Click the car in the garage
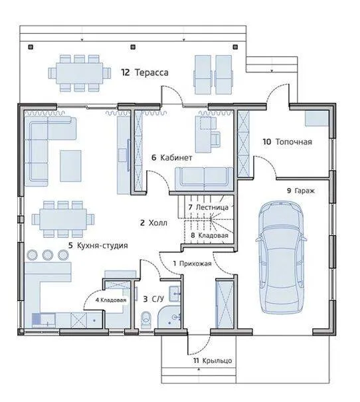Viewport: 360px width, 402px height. pos(281,257)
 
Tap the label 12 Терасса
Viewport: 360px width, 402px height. pos(145,72)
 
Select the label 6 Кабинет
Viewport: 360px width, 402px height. pos(171,157)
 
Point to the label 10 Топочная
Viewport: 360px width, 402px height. pos(288,142)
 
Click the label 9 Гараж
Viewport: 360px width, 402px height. pos(301,191)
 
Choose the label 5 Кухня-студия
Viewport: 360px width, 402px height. pos(98,245)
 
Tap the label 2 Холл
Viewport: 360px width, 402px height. pos(153,223)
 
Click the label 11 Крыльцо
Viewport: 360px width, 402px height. pos(213,360)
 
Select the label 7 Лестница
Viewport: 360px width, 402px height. pos(209,207)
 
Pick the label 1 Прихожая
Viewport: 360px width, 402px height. pos(193,263)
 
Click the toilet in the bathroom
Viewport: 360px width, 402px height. pos(146,320)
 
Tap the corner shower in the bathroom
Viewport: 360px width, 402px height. pos(170,317)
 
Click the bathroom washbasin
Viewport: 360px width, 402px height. pos(175,294)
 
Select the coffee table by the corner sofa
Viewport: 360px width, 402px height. pos(70,166)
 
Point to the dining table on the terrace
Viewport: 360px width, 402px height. pos(80,73)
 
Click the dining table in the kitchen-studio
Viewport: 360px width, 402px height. pos(63,219)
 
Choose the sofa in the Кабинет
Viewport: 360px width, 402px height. pos(204,179)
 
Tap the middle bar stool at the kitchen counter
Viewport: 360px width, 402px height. pos(47,254)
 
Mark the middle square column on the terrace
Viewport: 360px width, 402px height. pos(133,47)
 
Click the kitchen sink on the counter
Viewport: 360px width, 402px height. pos(44,320)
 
